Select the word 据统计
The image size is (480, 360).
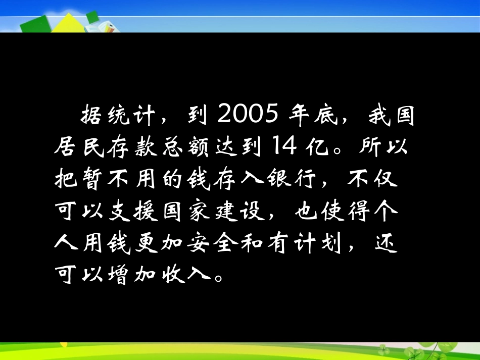point(112,118)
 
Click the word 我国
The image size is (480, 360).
point(392,118)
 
